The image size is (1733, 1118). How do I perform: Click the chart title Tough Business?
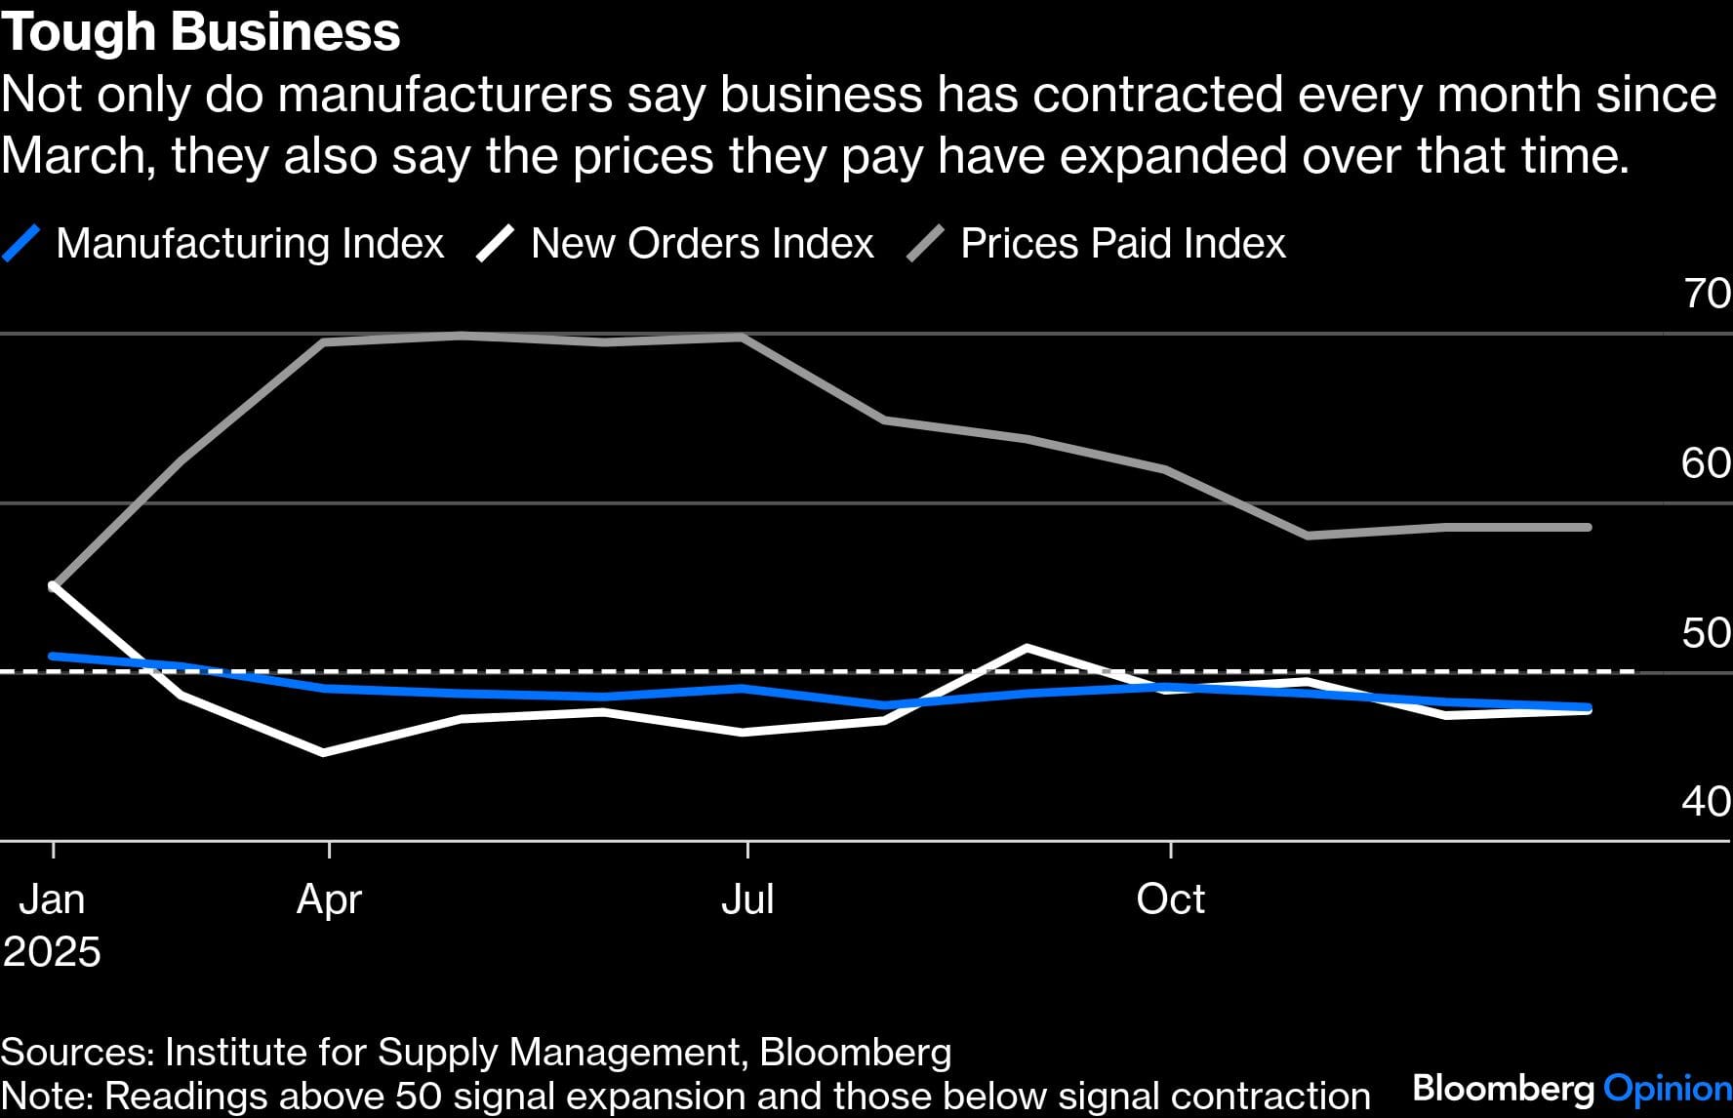click(x=201, y=32)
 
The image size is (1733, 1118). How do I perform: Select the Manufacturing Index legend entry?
click(x=250, y=243)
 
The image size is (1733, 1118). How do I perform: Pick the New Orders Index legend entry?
click(x=702, y=243)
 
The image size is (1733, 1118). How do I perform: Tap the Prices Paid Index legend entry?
click(x=1122, y=243)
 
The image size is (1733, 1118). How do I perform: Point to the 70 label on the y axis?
click(x=1707, y=293)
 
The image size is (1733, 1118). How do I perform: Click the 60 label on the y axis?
click(x=1706, y=462)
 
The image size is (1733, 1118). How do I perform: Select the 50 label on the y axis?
click(x=1706, y=632)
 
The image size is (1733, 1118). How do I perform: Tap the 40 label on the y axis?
click(x=1706, y=801)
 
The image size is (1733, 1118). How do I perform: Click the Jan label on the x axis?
click(x=52, y=898)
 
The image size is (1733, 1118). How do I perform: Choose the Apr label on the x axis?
click(x=329, y=898)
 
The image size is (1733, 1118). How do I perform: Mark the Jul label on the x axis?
click(x=747, y=898)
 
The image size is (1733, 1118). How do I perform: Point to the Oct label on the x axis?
click(x=1170, y=898)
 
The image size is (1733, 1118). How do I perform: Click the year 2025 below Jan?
click(x=52, y=951)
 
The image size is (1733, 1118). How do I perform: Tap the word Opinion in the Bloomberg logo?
click(x=1667, y=1088)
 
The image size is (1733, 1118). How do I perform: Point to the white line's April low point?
click(x=324, y=752)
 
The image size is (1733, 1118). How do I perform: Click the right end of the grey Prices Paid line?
click(x=1589, y=527)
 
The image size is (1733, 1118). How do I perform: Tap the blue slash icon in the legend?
click(x=21, y=243)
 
